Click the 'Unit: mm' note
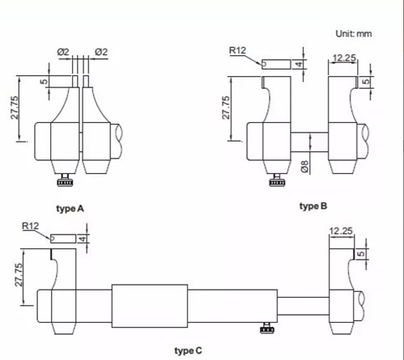354,34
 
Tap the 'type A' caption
70,209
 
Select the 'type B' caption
313,206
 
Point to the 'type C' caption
188,351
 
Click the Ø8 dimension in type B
304,167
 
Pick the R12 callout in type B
237,50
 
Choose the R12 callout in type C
30,226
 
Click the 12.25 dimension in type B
344,58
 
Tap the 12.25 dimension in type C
341,231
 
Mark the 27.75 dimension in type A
15,108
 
